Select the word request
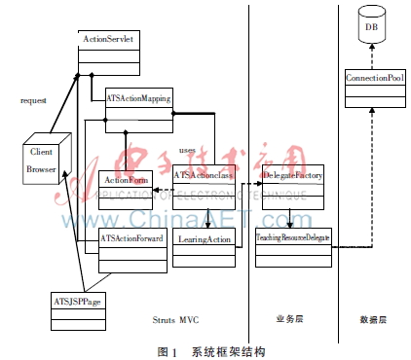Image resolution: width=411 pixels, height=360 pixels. tap(34, 100)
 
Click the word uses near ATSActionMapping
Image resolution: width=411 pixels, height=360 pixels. tap(188, 151)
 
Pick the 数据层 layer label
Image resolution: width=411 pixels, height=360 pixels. tap(374, 319)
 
